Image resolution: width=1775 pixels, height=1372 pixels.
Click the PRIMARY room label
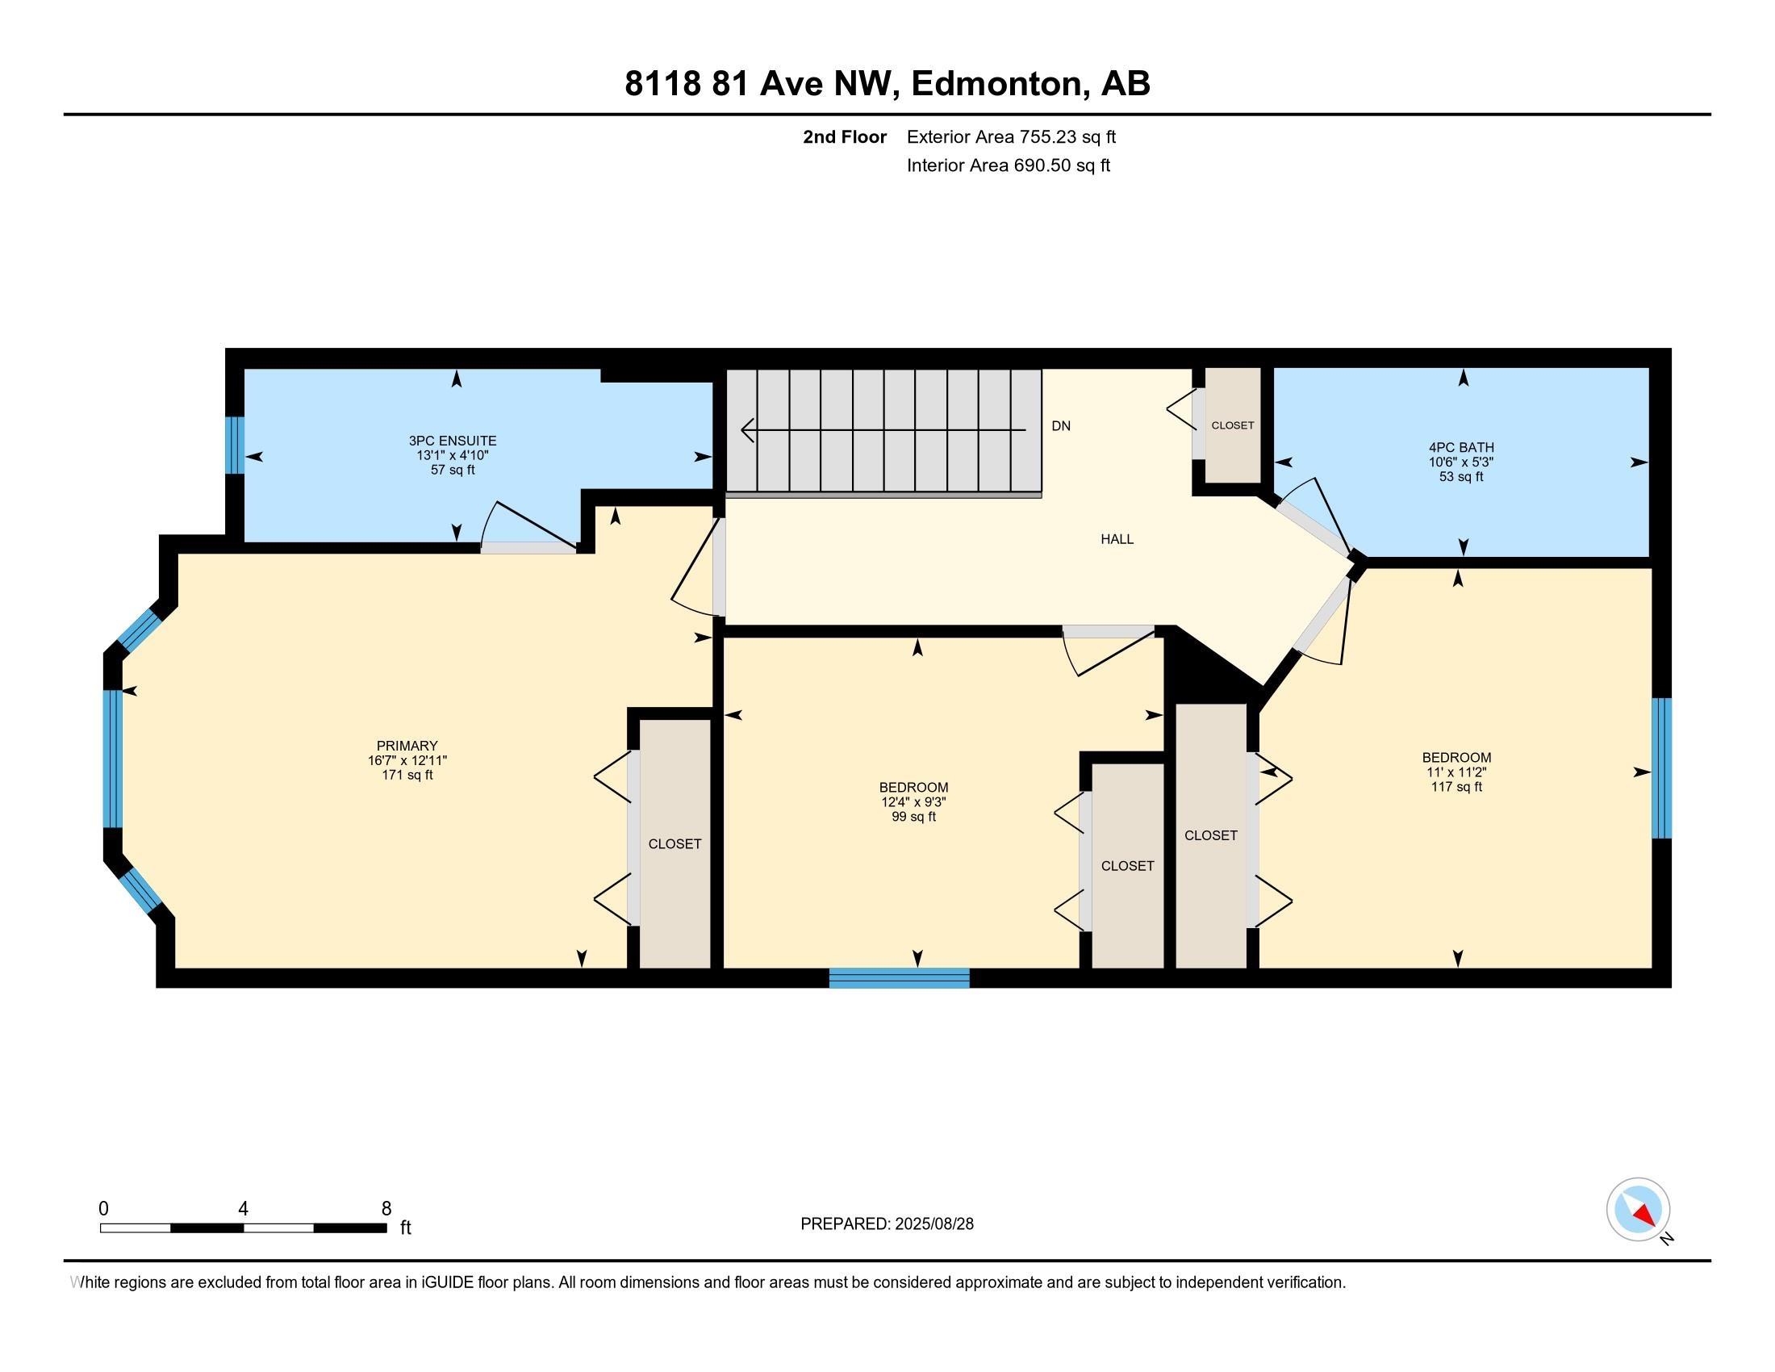click(407, 746)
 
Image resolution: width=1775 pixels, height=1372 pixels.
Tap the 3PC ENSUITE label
click(452, 441)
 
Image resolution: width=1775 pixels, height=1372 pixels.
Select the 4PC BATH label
click(1460, 447)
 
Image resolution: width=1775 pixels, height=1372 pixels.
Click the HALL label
click(1117, 539)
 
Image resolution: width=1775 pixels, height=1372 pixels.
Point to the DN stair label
click(1061, 426)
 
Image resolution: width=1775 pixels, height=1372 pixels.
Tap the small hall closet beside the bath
click(1232, 425)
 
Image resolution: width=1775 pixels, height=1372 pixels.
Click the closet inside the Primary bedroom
click(674, 843)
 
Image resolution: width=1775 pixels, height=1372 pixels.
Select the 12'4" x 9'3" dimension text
click(913, 802)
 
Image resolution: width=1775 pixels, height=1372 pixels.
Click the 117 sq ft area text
click(1456, 787)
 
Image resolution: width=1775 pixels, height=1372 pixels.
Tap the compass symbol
click(1638, 1209)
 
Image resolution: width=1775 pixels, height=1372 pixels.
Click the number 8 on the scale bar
click(386, 1209)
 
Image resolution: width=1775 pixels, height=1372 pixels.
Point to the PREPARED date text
click(887, 1224)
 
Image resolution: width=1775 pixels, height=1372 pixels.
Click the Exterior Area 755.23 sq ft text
click(1011, 137)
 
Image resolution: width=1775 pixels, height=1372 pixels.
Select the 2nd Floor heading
click(845, 137)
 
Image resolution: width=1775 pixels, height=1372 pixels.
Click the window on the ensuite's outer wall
click(234, 445)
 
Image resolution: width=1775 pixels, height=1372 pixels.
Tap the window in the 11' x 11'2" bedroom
click(1662, 768)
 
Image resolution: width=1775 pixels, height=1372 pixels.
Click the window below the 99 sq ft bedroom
click(899, 978)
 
